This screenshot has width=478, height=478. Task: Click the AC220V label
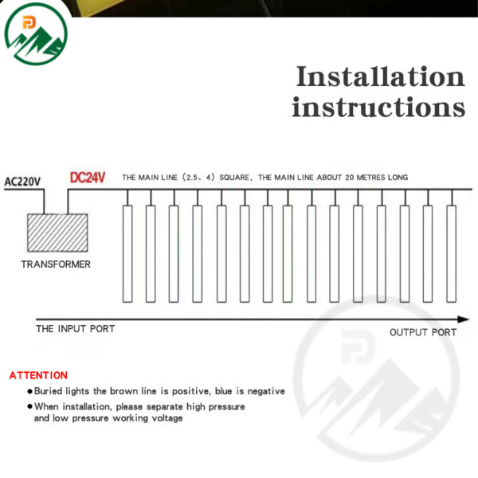click(22, 182)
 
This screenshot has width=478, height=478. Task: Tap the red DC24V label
click(88, 178)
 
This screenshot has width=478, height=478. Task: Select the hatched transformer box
click(57, 233)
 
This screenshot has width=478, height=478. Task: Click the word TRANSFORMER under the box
click(56, 264)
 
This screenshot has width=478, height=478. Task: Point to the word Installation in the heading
click(380, 76)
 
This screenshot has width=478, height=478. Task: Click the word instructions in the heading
click(378, 107)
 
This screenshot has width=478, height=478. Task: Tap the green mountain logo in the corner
click(36, 33)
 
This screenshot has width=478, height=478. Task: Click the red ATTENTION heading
click(38, 375)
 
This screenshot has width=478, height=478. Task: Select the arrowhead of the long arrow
click(463, 319)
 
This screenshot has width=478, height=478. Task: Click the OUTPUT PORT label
click(423, 332)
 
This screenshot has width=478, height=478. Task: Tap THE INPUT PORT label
click(76, 328)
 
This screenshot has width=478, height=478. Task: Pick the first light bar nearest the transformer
click(127, 254)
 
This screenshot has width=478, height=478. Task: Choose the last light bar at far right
click(452, 254)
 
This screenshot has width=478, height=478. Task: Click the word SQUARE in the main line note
click(234, 178)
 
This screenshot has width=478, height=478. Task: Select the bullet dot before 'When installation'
click(30, 406)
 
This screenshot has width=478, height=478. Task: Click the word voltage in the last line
click(167, 418)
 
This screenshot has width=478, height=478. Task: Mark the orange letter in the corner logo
click(29, 23)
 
